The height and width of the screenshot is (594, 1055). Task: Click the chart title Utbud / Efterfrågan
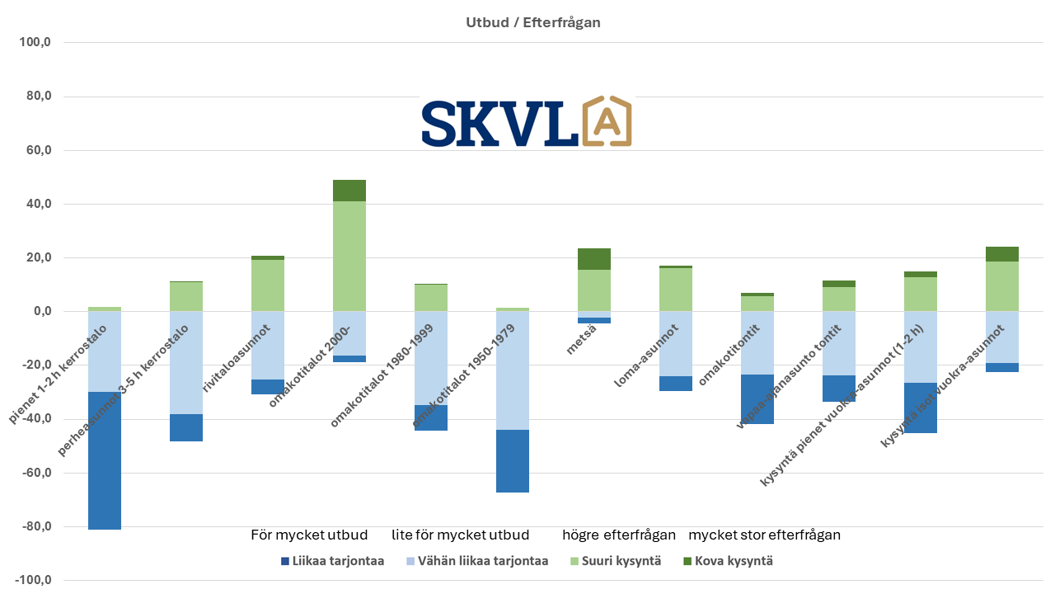(532, 22)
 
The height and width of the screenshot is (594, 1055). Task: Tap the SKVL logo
(526, 123)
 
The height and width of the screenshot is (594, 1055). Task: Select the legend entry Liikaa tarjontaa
(332, 561)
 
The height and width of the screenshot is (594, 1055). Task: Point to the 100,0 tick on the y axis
(35, 43)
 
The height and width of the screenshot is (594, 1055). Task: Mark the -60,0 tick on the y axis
(36, 473)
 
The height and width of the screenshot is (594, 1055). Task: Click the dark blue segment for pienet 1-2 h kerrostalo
(105, 460)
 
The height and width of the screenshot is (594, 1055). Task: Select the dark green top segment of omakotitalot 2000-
(349, 191)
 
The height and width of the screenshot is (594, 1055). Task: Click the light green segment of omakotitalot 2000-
(349, 256)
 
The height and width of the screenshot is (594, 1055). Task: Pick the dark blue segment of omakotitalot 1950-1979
(513, 461)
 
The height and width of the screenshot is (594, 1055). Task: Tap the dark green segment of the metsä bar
(594, 259)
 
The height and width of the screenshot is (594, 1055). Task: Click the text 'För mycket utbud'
(309, 535)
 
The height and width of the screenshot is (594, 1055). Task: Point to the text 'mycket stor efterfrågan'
(764, 535)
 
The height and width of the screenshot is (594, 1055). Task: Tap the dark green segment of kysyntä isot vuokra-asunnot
(1002, 254)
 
